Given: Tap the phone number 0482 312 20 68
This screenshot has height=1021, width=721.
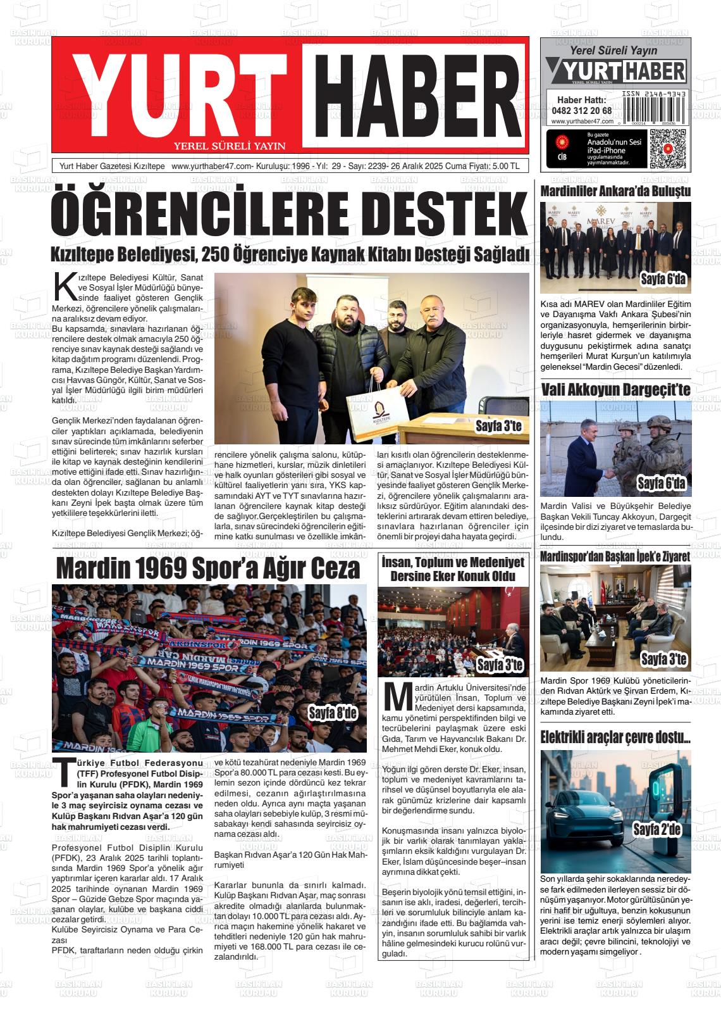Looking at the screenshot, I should [581, 110].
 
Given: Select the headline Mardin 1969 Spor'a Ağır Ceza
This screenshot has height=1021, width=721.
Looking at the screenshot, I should [208, 568].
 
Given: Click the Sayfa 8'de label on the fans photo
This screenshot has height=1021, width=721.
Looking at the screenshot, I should [333, 713].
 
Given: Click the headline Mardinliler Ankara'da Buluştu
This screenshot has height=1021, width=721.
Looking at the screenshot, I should [615, 191].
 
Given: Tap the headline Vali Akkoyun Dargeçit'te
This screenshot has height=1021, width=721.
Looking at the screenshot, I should [615, 389].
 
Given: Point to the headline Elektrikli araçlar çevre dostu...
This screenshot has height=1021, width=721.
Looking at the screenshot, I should [615, 737].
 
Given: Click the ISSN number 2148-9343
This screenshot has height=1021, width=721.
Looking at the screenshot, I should [654, 93].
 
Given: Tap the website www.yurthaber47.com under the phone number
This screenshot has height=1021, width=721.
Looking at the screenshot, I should [582, 122].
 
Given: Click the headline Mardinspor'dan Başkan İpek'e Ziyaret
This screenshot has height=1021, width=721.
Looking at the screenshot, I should [615, 556].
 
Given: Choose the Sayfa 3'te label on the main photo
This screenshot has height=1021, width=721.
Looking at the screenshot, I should [498, 427].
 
